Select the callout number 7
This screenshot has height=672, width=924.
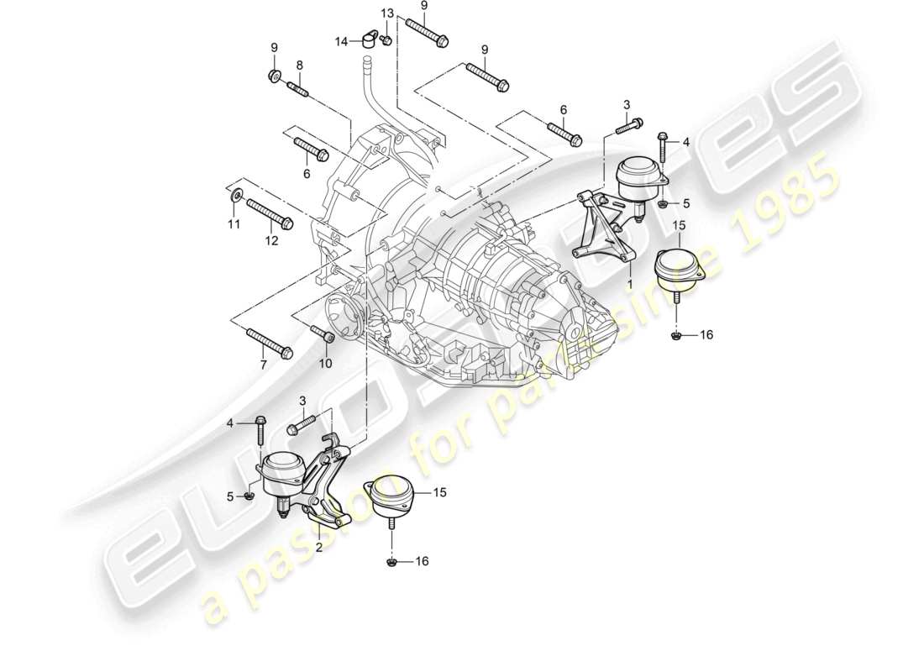tap(263, 365)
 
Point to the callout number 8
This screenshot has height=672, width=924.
tap(298, 65)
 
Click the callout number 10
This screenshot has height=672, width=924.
tap(325, 364)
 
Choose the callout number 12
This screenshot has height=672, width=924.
tap(271, 241)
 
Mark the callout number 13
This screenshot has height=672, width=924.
tap(386, 13)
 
